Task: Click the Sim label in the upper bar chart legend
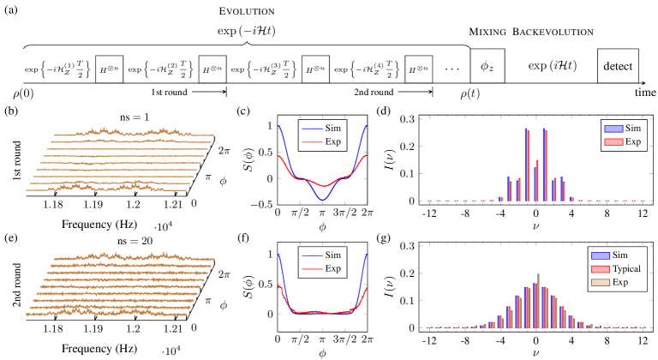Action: [633, 128]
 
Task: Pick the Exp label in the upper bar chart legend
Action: [633, 141]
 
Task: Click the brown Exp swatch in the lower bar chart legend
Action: [600, 282]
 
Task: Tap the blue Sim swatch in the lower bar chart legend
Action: [600, 255]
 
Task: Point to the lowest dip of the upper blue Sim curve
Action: [322, 200]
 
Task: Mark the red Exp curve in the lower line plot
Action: [322, 312]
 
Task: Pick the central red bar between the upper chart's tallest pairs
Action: [538, 180]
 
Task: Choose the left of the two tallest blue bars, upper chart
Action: [525, 165]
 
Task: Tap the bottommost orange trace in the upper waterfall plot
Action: [103, 189]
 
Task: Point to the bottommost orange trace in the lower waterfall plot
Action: [103, 314]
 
